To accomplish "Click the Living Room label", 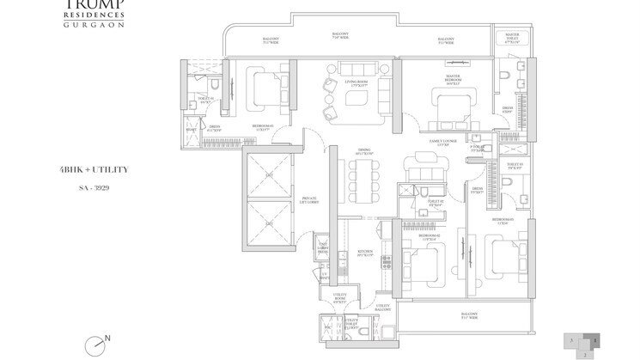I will (356, 83).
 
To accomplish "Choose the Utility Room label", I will (339, 301).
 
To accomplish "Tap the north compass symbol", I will (98, 344).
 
